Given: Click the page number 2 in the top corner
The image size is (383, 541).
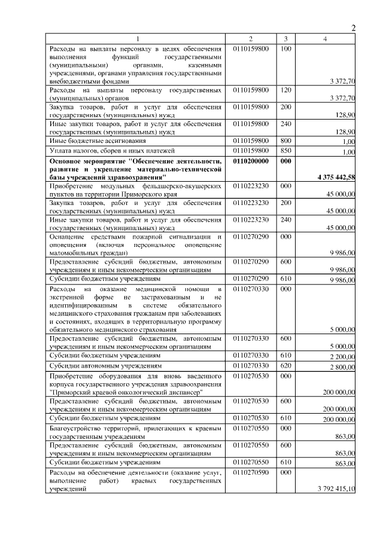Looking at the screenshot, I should [354, 28].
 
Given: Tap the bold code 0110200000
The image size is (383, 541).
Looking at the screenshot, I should [251, 161].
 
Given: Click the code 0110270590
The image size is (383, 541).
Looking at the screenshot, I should [251, 472].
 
